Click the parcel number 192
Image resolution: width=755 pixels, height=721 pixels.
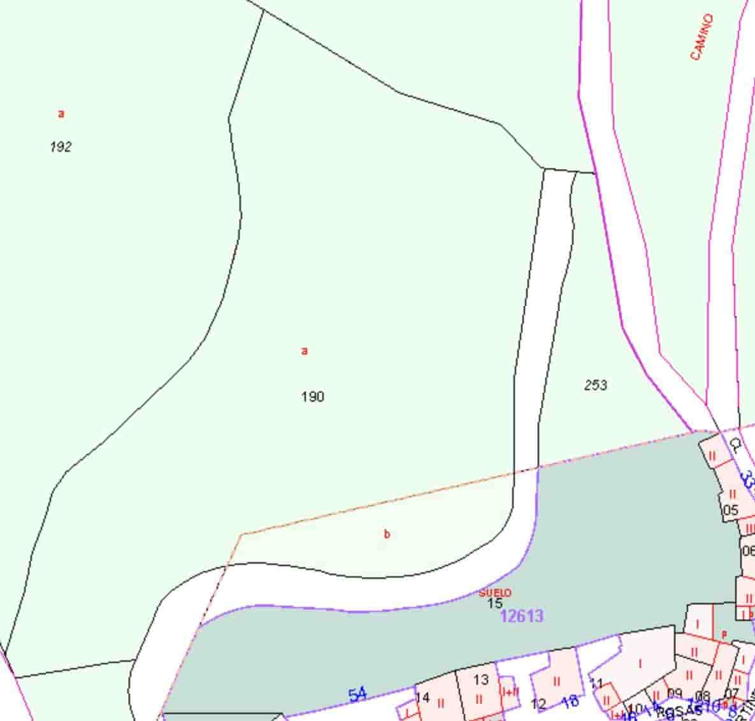[61, 147]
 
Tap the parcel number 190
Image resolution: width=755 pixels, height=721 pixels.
[312, 397]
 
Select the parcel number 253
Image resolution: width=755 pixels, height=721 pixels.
[596, 385]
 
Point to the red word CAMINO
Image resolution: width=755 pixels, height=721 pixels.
[701, 37]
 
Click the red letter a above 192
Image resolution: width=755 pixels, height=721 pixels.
[61, 114]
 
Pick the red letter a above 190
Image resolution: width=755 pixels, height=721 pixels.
[305, 351]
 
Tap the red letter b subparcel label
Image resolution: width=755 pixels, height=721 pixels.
[387, 534]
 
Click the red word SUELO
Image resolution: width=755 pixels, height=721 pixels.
[495, 593]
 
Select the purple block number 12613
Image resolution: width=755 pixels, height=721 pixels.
[522, 616]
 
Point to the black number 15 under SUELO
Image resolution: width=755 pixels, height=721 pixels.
[495, 603]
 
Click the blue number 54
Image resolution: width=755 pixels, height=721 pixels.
[357, 695]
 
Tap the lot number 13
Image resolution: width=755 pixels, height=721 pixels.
[480, 680]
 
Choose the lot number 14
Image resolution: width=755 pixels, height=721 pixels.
[422, 697]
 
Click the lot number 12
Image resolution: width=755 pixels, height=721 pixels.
[538, 704]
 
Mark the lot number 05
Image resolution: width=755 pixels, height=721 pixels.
[730, 510]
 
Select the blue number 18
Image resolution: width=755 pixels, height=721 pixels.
[570, 701]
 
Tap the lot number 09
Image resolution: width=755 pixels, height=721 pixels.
[674, 694]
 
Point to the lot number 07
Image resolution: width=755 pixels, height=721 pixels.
[731, 694]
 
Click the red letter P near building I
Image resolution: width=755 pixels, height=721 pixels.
[724, 635]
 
